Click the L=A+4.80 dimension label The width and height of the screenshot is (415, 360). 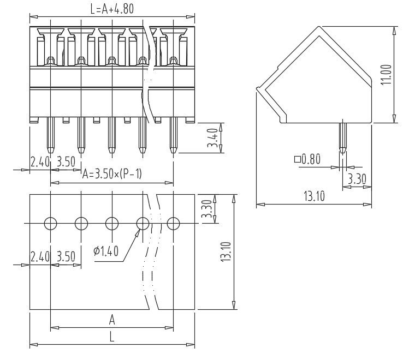[112, 9]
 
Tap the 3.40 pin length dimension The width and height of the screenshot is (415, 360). [212, 137]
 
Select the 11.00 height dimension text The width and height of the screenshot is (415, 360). [386, 75]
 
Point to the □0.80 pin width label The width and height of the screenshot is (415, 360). [307, 159]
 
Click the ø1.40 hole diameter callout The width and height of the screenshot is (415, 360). [106, 251]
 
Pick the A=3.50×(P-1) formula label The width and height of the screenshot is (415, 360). [112, 174]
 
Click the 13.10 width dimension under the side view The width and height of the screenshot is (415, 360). [314, 196]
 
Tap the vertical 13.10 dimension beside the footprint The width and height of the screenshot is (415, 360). [226, 252]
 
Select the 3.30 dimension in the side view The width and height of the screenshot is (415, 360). [357, 179]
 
